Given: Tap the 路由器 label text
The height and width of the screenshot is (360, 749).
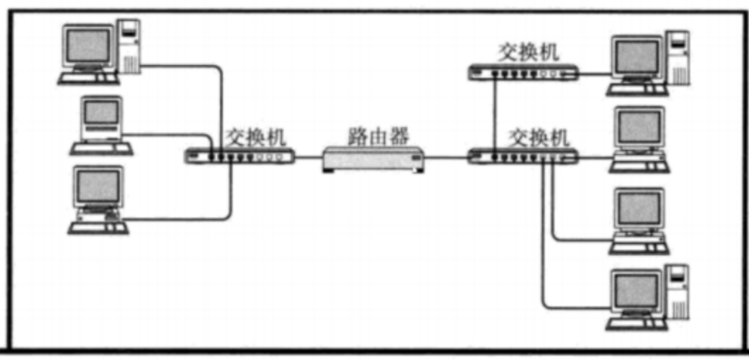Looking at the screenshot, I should pyautogui.click(x=379, y=135).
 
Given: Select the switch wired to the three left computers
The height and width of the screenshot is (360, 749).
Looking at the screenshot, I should pyautogui.click(x=240, y=155).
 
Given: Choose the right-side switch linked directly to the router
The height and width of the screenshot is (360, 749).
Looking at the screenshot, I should pyautogui.click(x=523, y=155).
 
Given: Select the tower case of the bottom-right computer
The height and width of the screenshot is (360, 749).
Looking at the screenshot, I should pyautogui.click(x=679, y=291).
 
